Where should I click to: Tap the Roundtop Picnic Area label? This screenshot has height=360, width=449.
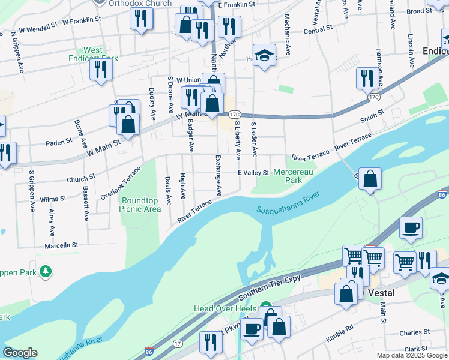pyautogui.click(x=140, y=205)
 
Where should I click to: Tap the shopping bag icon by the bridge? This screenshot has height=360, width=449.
pyautogui.click(x=371, y=178)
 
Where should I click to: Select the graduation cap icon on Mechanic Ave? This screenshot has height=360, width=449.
pyautogui.click(x=264, y=56)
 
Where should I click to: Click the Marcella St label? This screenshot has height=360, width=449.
pyautogui.click(x=61, y=245)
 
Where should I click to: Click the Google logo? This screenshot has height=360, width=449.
pyautogui.click(x=20, y=353)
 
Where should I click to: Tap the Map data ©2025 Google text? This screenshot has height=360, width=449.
pyautogui.click(x=411, y=355)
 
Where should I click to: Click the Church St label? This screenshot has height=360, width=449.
pyautogui.click(x=80, y=178)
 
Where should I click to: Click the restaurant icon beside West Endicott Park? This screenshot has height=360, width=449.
pyautogui.click(x=101, y=70)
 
